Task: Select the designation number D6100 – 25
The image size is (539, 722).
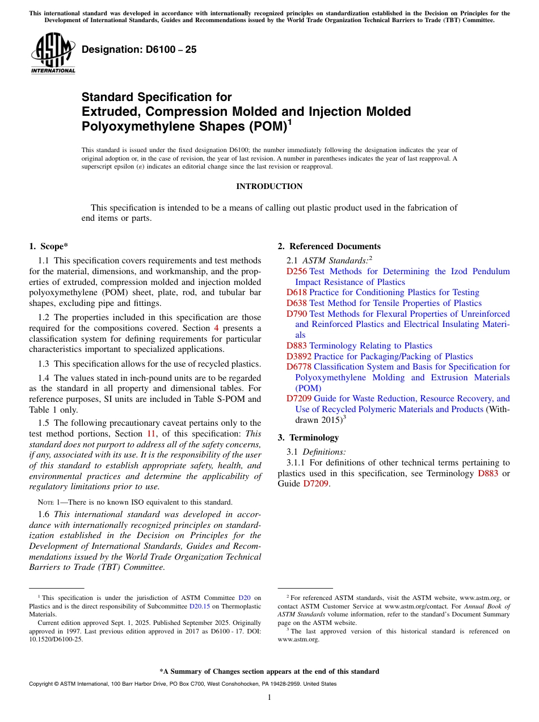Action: pyautogui.click(x=139, y=49)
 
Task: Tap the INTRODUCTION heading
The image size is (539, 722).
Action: pyautogui.click(x=269, y=186)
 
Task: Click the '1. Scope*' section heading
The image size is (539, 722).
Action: pyautogui.click(x=48, y=246)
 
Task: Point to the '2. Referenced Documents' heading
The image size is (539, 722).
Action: pyautogui.click(x=329, y=246)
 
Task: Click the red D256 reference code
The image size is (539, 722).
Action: pyautogui.click(x=297, y=271)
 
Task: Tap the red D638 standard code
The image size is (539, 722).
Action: pyautogui.click(x=297, y=303)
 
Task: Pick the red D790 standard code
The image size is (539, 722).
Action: pyautogui.click(x=297, y=313)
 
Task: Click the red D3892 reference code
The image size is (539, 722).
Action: pyautogui.click(x=299, y=356)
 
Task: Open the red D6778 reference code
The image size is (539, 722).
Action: pyautogui.click(x=299, y=367)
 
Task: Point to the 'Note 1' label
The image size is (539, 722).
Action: pyautogui.click(x=48, y=502)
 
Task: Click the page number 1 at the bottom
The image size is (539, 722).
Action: pyautogui.click(x=269, y=697)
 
